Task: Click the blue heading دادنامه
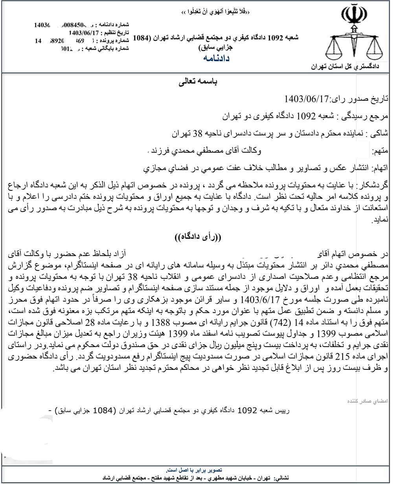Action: [216, 59]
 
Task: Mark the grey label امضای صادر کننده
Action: [367, 401]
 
